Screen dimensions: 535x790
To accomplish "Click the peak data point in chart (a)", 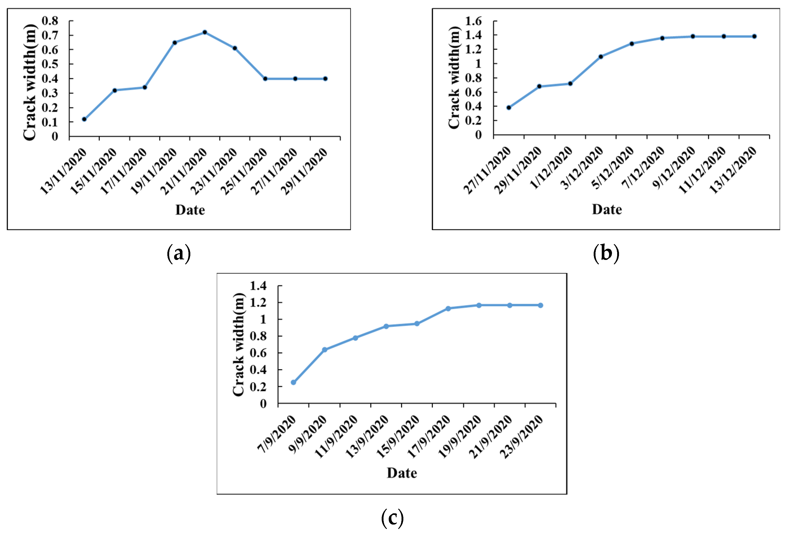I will point(205,32).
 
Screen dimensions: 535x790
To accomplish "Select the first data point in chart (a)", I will point(84,119).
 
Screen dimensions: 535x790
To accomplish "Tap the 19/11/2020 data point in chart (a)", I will point(175,43).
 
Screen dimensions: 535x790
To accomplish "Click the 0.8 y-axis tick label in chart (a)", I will point(50,21).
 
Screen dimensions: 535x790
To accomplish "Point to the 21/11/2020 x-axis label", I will point(184,171).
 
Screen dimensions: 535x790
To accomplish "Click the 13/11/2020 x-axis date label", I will point(63,171).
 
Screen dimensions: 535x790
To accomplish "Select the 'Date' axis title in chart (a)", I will point(190,210).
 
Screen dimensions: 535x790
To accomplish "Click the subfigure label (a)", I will point(179,253).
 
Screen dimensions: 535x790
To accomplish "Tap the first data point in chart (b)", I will point(509,107).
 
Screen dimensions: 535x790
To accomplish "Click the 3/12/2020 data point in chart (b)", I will point(601,56).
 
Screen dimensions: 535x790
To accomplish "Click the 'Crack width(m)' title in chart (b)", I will point(454,78).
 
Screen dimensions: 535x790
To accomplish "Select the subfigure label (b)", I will point(606,253).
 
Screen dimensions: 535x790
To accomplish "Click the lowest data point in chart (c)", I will point(293,382).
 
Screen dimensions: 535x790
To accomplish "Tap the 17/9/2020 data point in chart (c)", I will point(448,309).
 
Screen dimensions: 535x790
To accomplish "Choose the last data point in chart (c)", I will point(540,305).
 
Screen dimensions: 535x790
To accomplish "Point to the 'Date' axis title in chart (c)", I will point(402,473).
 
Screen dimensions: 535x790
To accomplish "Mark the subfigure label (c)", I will point(392,518).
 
